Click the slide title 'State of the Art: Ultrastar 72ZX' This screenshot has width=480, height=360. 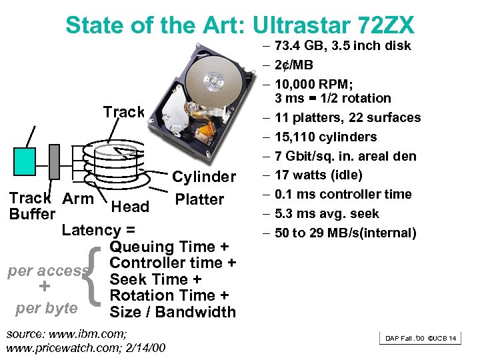pyautogui.click(x=240, y=25)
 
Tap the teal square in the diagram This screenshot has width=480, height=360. pyautogui.click(x=25, y=161)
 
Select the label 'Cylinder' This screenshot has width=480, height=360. pyautogui.click(x=204, y=177)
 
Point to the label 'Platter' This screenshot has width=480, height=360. pyautogui.click(x=199, y=199)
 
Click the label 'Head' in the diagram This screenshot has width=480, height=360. pyautogui.click(x=130, y=207)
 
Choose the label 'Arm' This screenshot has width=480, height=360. pyautogui.click(x=78, y=198)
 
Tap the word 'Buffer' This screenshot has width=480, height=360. pyautogui.click(x=32, y=214)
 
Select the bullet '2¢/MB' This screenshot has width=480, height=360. pyautogui.click(x=293, y=65)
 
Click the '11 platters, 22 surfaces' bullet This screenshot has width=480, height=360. pyautogui.click(x=347, y=118)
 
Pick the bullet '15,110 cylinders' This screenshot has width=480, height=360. pyautogui.click(x=325, y=137)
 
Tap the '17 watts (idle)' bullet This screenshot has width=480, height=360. pyautogui.click(x=318, y=175)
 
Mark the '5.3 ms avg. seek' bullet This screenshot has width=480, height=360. pyautogui.click(x=326, y=214)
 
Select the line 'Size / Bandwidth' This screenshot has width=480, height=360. pyautogui.click(x=173, y=312)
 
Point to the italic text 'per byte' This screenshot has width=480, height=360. pyautogui.click(x=47, y=309)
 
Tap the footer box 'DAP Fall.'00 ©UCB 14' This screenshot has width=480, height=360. pyautogui.click(x=421, y=339)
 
